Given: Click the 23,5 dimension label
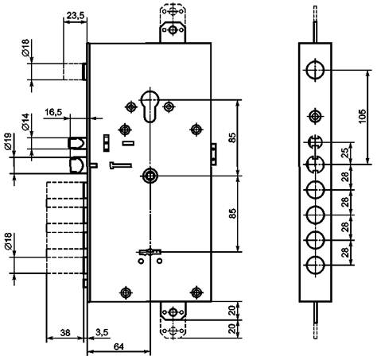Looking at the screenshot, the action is tap(75, 15).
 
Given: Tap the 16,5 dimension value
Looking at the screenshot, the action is tap(53, 112).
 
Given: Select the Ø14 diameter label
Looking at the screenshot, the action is tap(25, 122).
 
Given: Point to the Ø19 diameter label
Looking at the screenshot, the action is tap(8, 142).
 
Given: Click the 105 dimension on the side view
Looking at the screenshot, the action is tap(362, 116).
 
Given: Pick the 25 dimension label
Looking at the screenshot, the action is tap(345, 153).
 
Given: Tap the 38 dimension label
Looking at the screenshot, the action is tap(65, 332).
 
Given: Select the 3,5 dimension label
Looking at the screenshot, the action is tap(102, 332).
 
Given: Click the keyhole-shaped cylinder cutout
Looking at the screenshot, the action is tap(150, 106).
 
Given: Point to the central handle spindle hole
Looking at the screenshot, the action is tap(150, 176).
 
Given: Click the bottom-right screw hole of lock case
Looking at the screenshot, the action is tap(196, 292).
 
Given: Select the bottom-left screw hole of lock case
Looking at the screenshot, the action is tap(126, 292).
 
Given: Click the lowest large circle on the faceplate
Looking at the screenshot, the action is tap(315, 265).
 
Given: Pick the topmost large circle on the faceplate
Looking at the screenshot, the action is tap(315, 70).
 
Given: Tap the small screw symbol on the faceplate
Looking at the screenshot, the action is tap(315, 116).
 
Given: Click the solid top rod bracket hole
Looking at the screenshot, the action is tap(173, 29).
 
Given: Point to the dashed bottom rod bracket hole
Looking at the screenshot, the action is tap(173, 331).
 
